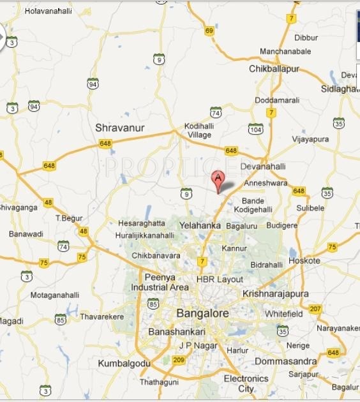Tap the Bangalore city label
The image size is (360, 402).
pyautogui.click(x=202, y=313)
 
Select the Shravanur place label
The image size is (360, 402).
pyautogui.click(x=120, y=128)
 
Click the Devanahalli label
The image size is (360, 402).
pyautogui.click(x=263, y=167)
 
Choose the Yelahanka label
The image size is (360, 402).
pyautogui.click(x=200, y=225)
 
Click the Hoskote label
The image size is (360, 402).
pyautogui.click(x=304, y=260)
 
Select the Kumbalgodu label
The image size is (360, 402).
pyautogui.click(x=124, y=363)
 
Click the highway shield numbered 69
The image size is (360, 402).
pyautogui.click(x=209, y=31)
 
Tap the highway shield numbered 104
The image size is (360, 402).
pyautogui.click(x=256, y=128)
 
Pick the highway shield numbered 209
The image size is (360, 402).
pyautogui.click(x=179, y=360)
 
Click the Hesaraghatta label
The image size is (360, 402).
pyautogui.click(x=142, y=223)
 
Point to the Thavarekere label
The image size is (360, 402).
pyautogui.click(x=102, y=316)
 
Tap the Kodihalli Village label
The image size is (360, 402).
pyautogui.click(x=199, y=130)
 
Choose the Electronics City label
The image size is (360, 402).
pyautogui.click(x=246, y=383)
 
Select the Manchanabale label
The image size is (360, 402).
pyautogui.click(x=285, y=51)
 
